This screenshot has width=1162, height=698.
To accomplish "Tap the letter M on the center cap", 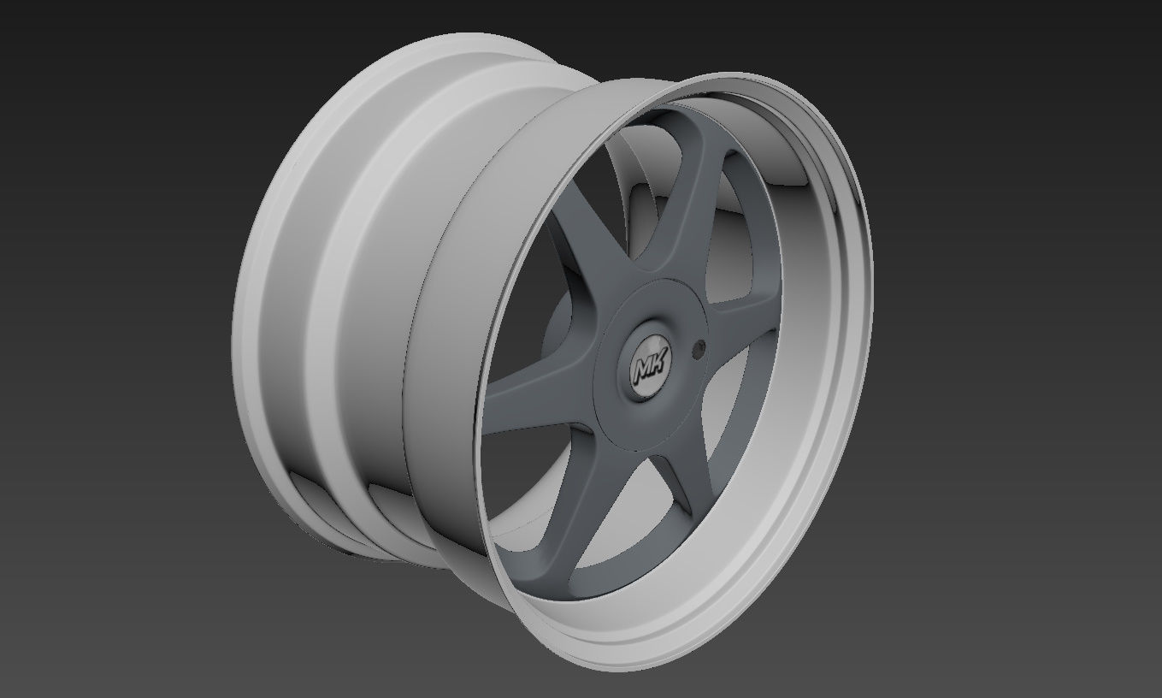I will pos(644,369).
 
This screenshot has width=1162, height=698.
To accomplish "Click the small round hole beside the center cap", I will pos(701,348).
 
